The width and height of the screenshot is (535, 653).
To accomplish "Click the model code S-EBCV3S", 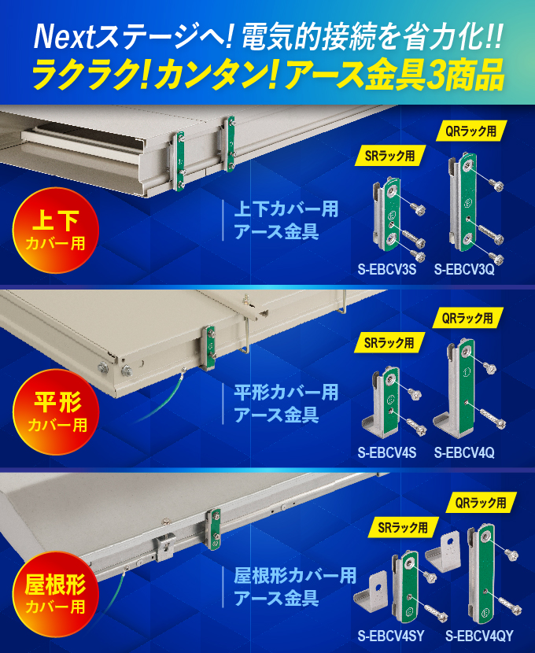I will [x=386, y=270].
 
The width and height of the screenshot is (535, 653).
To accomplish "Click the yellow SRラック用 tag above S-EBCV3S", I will [x=389, y=156].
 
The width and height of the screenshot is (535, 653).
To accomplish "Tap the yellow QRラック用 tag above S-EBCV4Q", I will [x=467, y=319].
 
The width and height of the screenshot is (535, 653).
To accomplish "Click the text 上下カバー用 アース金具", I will [x=286, y=221].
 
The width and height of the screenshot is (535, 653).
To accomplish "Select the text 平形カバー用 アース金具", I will [x=286, y=403].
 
